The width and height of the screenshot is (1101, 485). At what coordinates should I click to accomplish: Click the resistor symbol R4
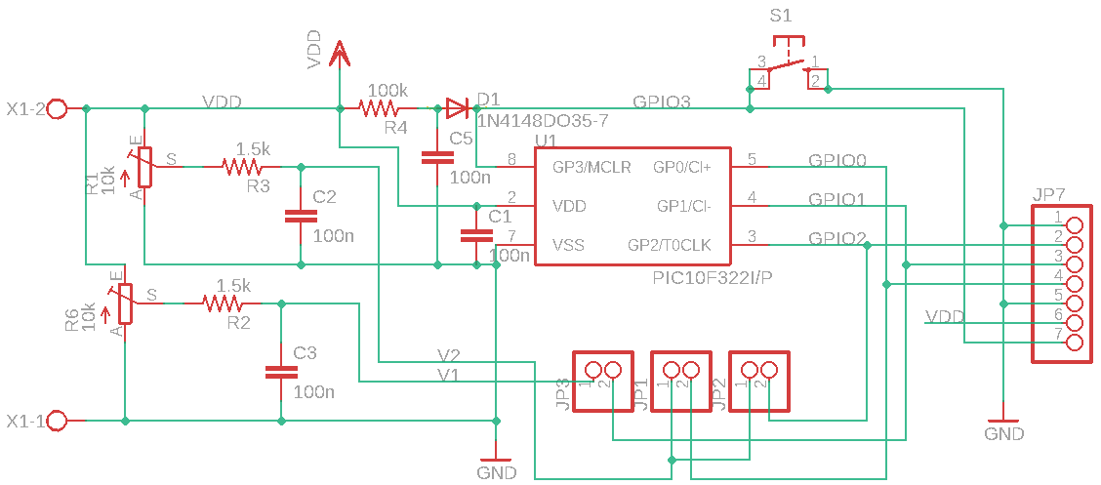[x=379, y=108]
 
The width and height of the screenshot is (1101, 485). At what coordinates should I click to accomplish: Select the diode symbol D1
[x=457, y=108]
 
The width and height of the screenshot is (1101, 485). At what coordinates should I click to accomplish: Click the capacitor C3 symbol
[x=281, y=371]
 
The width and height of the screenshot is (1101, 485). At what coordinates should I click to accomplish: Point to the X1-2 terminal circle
[x=58, y=108]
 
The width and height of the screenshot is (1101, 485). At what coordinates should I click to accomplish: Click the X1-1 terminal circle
[x=58, y=421]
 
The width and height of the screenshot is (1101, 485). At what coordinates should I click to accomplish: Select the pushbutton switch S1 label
[x=781, y=17]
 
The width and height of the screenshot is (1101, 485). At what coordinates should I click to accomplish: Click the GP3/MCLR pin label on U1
[x=591, y=167]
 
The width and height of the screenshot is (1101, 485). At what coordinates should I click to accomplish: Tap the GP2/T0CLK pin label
[x=670, y=245]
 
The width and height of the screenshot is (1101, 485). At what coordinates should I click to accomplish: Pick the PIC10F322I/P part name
[x=713, y=278]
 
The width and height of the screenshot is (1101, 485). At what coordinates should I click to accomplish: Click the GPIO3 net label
[x=662, y=101]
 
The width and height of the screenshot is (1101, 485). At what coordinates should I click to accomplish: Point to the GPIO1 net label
[x=836, y=199]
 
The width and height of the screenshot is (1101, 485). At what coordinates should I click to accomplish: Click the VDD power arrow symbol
[x=340, y=53]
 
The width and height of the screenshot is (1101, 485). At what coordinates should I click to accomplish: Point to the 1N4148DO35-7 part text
[x=543, y=121]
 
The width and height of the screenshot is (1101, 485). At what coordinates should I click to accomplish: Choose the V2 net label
[x=449, y=355]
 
